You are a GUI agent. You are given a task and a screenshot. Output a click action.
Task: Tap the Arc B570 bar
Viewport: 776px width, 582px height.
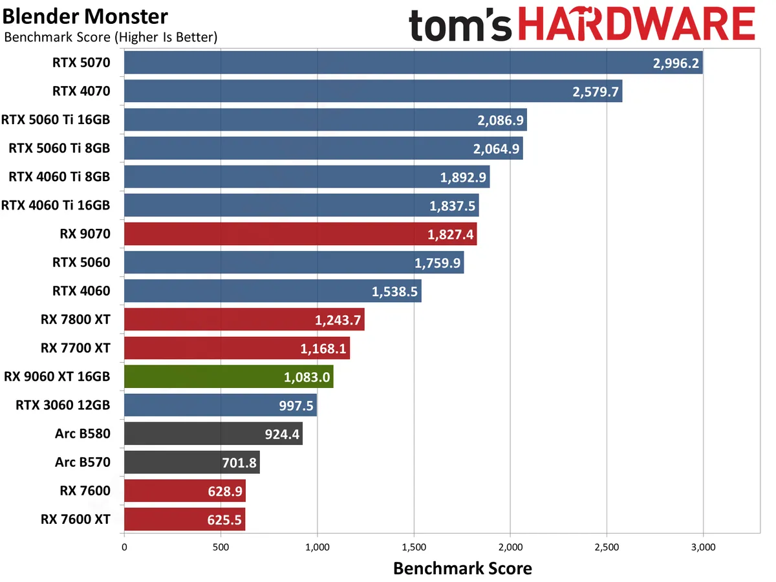coord(191,462)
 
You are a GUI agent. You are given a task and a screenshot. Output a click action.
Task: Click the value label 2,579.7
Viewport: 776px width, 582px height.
coord(595,92)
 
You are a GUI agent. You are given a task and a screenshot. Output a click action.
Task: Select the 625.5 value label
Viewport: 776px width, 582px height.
coord(221,519)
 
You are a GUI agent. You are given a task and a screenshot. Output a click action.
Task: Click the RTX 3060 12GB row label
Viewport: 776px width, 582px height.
coord(63,405)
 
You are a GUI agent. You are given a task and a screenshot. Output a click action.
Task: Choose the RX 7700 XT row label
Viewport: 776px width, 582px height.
coord(75,348)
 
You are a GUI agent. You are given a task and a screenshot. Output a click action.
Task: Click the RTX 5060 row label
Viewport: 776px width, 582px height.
coord(81,263)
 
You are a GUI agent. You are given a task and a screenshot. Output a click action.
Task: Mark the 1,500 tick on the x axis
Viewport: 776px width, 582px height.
coord(414,546)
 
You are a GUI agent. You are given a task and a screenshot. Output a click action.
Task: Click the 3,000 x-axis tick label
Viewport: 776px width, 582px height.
coord(703,546)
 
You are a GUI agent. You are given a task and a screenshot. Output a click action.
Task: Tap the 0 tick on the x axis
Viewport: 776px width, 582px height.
coord(124,546)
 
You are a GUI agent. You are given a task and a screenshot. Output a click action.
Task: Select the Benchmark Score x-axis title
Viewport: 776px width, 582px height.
coord(462,568)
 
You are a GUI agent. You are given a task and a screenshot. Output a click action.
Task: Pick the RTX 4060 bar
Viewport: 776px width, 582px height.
coord(272,291)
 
